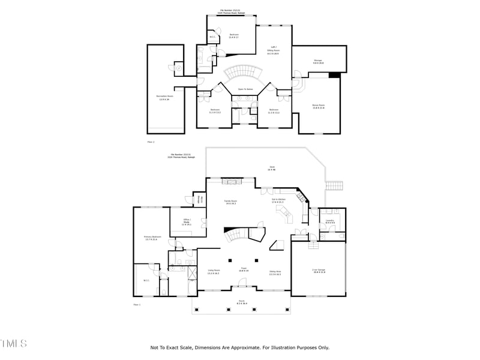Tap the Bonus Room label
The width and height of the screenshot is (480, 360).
point(318,106)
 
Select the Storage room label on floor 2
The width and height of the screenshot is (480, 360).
point(318,61)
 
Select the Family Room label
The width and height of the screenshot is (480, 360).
point(230,202)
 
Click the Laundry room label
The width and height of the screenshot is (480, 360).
point(330,221)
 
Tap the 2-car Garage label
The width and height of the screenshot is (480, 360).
point(319,272)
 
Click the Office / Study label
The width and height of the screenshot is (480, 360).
point(187,221)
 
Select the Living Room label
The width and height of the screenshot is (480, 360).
point(214,272)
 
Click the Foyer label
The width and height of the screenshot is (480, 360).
point(244,269)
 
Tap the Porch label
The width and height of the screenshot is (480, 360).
point(242,302)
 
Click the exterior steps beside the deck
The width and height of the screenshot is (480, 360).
point(334,186)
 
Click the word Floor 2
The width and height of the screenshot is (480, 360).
point(151,142)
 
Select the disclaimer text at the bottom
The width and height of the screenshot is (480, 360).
point(240,347)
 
